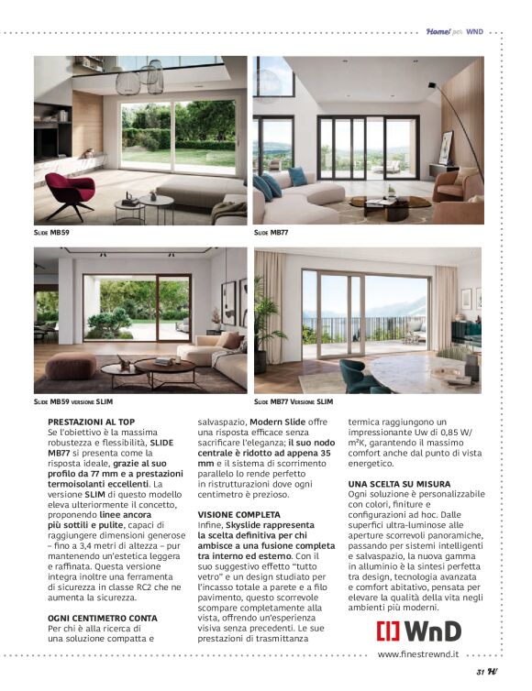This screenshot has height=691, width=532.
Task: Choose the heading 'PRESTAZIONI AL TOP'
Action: pyautogui.click(x=85, y=421)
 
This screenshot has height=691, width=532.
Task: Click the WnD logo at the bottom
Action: pyautogui.click(x=418, y=631)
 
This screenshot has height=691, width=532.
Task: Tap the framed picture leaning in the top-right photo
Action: pyautogui.click(x=447, y=147)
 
